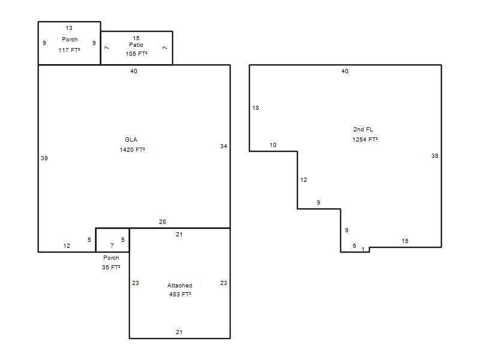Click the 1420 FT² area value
tap(132, 149)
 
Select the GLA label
tap(131, 140)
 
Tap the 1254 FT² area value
tap(365, 140)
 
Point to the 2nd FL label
tap(363, 130)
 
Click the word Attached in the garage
tap(179, 286)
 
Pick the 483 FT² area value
tap(180, 295)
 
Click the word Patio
tap(136, 44)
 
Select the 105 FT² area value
tap(136, 54)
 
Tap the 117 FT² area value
tap(69, 50)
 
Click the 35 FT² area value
tap(111, 267)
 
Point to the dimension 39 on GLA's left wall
tap(44, 158)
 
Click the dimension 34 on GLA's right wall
tap(223, 146)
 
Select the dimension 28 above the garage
tap(162, 221)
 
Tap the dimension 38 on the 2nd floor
tap(434, 156)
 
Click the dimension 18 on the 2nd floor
tap(256, 108)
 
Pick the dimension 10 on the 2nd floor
tap(273, 145)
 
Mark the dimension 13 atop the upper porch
tap(69, 28)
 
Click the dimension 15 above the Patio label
tap(136, 38)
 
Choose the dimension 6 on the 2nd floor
tap(355, 245)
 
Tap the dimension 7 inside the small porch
tap(112, 245)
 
